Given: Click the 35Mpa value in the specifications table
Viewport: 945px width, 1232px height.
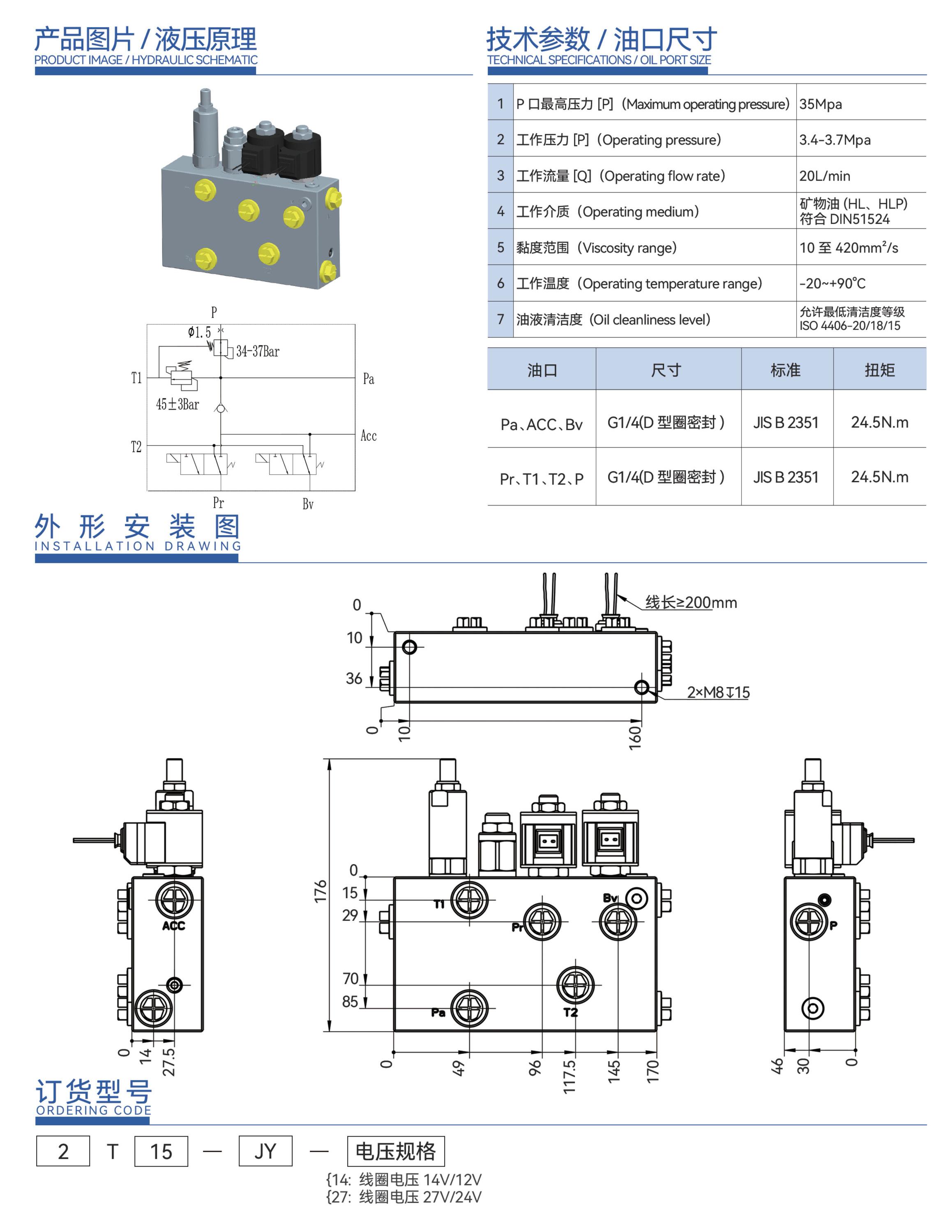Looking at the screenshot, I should point(820,104).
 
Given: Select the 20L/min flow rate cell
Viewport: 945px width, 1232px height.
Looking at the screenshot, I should point(824,176).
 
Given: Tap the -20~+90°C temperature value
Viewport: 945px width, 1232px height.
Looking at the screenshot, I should point(832,283).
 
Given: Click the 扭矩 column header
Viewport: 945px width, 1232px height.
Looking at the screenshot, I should point(879,370).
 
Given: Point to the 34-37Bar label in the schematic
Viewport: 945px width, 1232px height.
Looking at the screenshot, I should point(258,352).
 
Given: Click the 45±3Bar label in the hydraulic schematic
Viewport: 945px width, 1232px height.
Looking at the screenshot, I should point(177,404).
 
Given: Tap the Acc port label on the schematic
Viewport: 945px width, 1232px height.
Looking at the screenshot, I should point(369,436).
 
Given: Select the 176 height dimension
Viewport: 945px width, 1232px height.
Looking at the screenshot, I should point(320,891).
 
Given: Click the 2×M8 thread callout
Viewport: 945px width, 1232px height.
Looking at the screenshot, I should point(718,692).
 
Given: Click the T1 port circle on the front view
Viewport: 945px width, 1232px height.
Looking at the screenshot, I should point(469,900).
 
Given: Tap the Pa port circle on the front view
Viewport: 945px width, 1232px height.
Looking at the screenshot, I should point(469,1008).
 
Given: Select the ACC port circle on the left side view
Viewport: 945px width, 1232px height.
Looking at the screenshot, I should point(174,900).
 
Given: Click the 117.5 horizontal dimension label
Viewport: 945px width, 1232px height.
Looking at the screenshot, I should point(569,1076).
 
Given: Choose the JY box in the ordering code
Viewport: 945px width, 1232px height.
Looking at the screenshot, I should point(265,1151).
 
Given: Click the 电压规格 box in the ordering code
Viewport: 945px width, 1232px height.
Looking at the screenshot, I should point(395,1151).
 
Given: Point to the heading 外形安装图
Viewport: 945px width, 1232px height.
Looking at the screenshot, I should point(137,527).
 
